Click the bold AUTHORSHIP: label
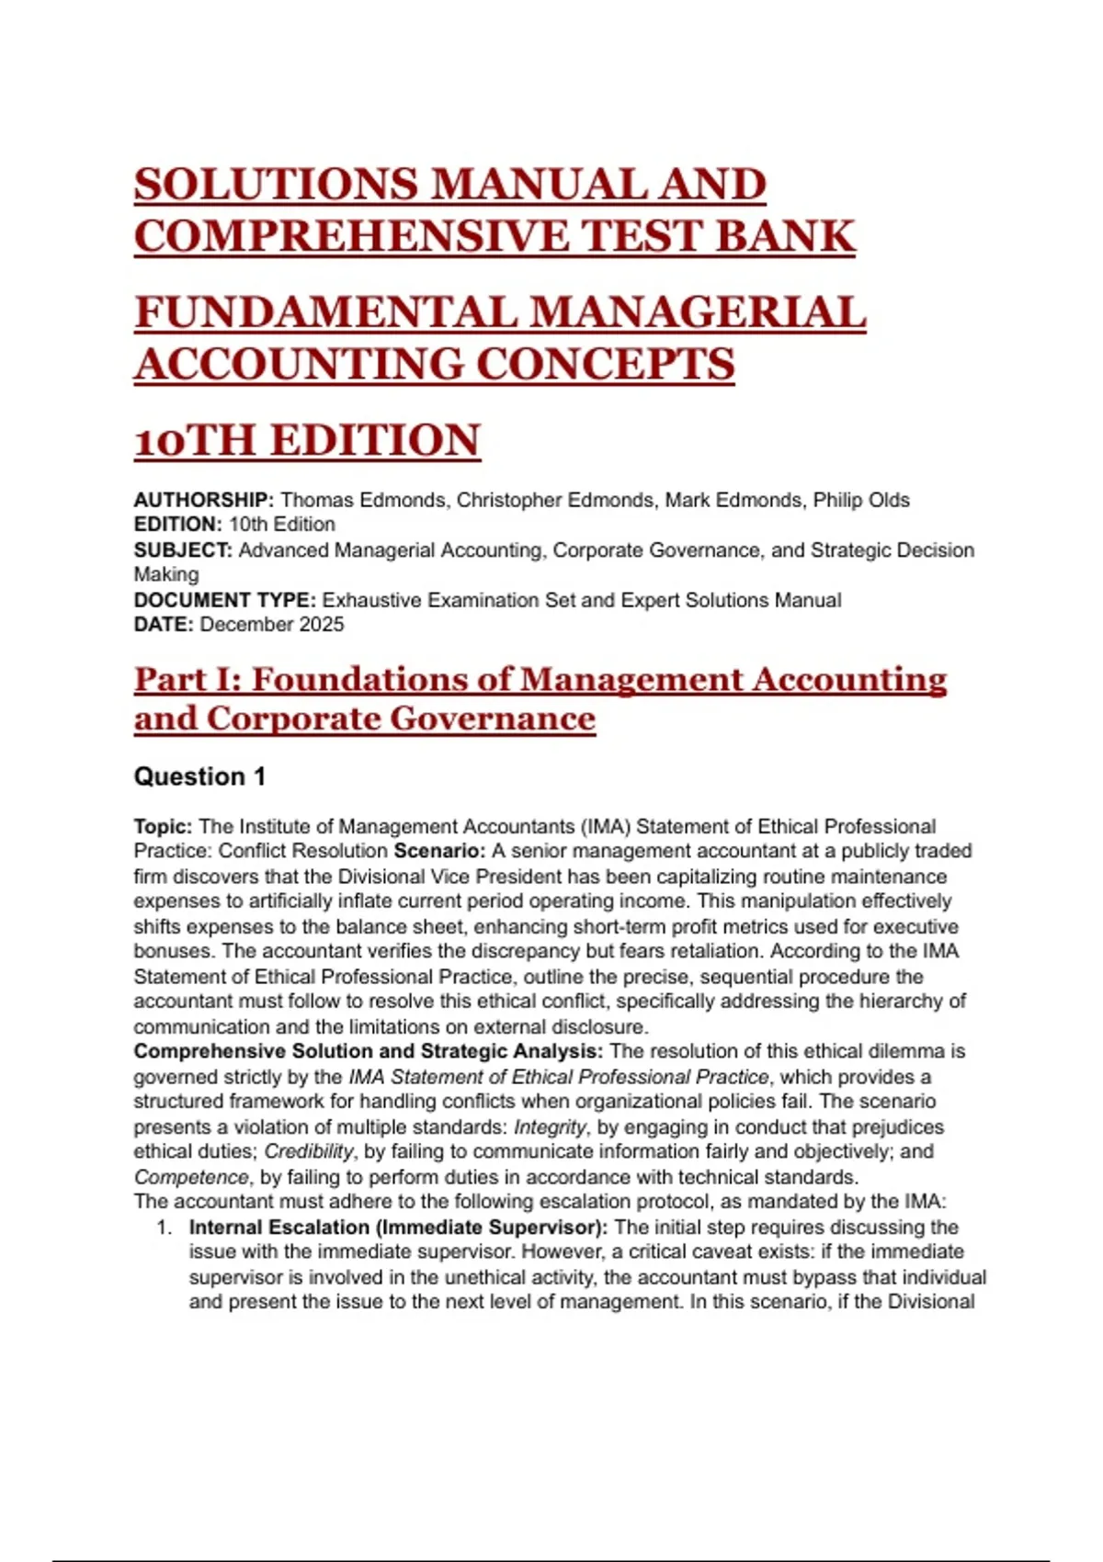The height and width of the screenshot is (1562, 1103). pos(203,500)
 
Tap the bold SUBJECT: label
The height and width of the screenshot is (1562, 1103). pos(183,550)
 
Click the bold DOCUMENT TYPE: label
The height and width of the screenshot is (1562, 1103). pos(225,600)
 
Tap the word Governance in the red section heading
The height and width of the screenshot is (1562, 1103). pos(492,719)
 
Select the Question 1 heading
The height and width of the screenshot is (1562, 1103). pos(199,776)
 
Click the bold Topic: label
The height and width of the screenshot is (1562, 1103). pos(163,826)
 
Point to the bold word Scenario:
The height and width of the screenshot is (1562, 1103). pos(439,851)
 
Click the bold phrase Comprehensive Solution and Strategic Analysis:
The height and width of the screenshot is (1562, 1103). pos(369,1051)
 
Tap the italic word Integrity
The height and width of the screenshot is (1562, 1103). pos(550,1126)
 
